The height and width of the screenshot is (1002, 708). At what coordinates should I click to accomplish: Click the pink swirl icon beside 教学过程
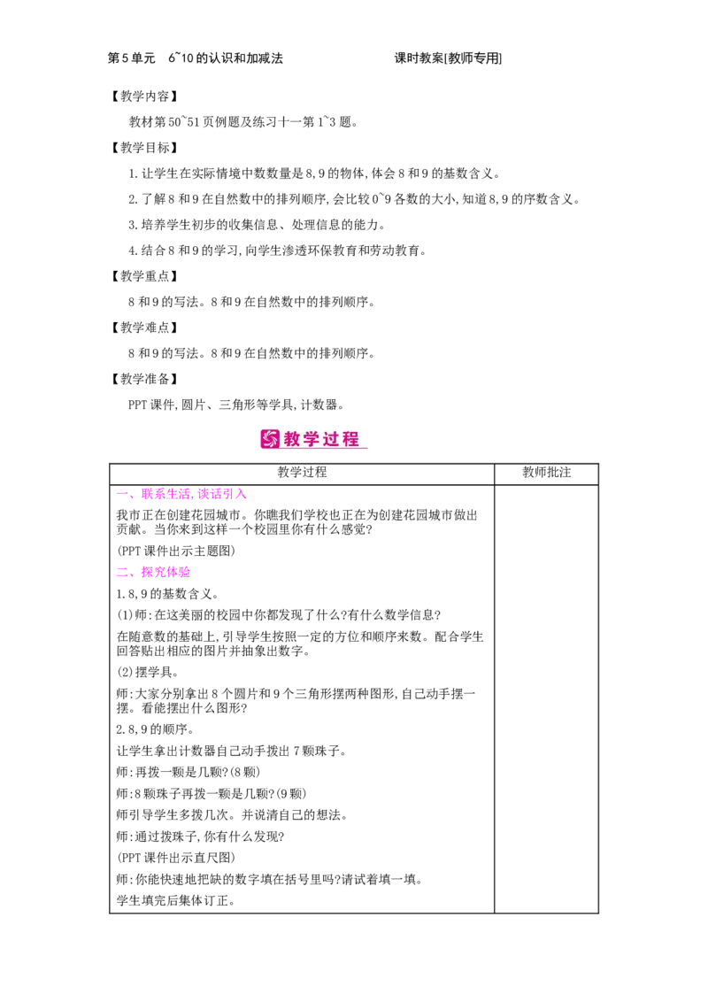tap(270, 439)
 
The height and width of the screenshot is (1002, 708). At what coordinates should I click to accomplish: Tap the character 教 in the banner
tap(294, 439)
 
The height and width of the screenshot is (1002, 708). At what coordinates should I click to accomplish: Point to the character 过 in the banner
tap(333, 439)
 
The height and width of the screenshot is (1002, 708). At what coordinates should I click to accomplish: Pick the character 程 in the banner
tap(352, 439)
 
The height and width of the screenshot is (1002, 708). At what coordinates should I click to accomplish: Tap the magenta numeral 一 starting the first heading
tap(120, 494)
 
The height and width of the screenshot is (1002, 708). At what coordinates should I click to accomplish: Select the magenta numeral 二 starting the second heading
tap(120, 573)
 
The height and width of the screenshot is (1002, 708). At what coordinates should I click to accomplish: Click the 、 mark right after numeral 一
tap(134, 497)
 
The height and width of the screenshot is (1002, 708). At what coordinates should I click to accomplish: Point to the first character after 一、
tap(147, 494)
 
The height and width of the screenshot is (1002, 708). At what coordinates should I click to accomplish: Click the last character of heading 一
tap(241, 494)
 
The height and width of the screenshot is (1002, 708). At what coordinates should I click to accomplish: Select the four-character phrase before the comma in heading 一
tap(166, 494)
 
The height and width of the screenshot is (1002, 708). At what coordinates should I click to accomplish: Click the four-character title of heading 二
tap(165, 573)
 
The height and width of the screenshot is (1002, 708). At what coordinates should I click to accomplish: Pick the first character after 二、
tap(147, 573)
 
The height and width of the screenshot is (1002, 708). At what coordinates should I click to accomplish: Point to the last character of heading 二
tap(184, 573)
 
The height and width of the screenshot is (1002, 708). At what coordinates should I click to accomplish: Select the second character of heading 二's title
tap(159, 573)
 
